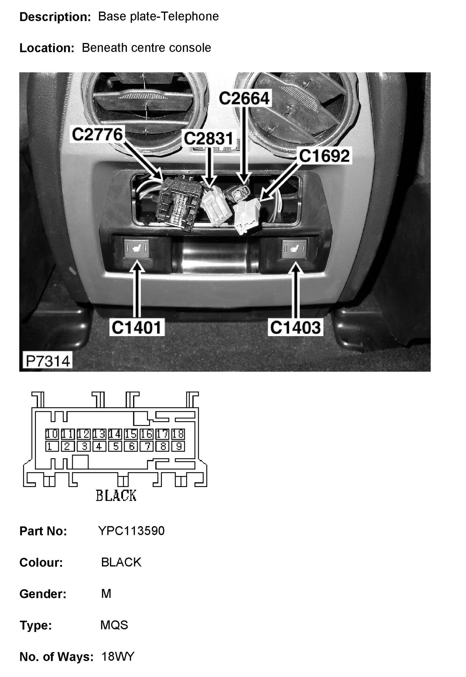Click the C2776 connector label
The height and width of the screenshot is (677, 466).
tap(97, 134)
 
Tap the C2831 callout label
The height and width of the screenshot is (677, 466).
tap(209, 138)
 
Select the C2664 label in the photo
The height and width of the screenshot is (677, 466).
tap(244, 98)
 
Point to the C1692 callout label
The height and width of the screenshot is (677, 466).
tap(324, 156)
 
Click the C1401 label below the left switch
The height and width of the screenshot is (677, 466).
tap(136, 327)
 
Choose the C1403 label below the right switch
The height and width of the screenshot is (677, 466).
tap(295, 327)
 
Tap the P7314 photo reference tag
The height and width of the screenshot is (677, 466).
tap(48, 361)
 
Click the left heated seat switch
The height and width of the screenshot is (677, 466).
tap(136, 249)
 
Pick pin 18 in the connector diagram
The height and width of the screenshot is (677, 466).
tap(178, 434)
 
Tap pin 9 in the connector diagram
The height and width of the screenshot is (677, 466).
tap(178, 447)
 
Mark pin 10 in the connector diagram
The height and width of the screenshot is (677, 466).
tap(52, 434)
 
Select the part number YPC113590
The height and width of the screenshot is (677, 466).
tap(131, 531)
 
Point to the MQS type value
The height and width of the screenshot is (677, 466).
tap(114, 625)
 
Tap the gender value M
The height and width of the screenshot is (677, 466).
tap(106, 593)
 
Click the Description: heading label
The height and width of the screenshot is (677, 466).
tap(55, 17)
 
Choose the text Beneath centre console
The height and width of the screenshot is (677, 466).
tap(146, 48)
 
